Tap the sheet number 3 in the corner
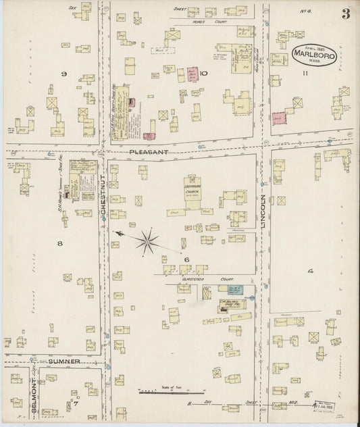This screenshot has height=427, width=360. point(345,14)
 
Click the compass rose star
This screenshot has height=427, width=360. point(147,239)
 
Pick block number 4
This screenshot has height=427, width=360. point(311,272)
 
